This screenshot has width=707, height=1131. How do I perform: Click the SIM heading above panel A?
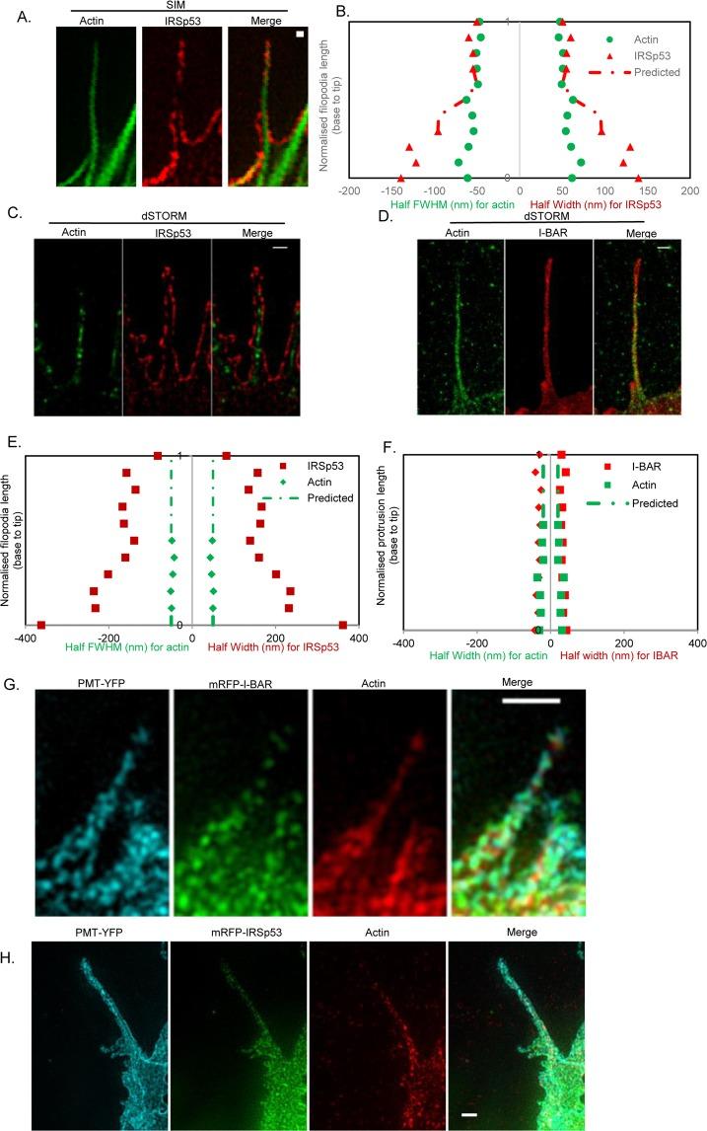coord(171,6)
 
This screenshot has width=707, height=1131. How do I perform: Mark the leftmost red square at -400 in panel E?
coord(41,625)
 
